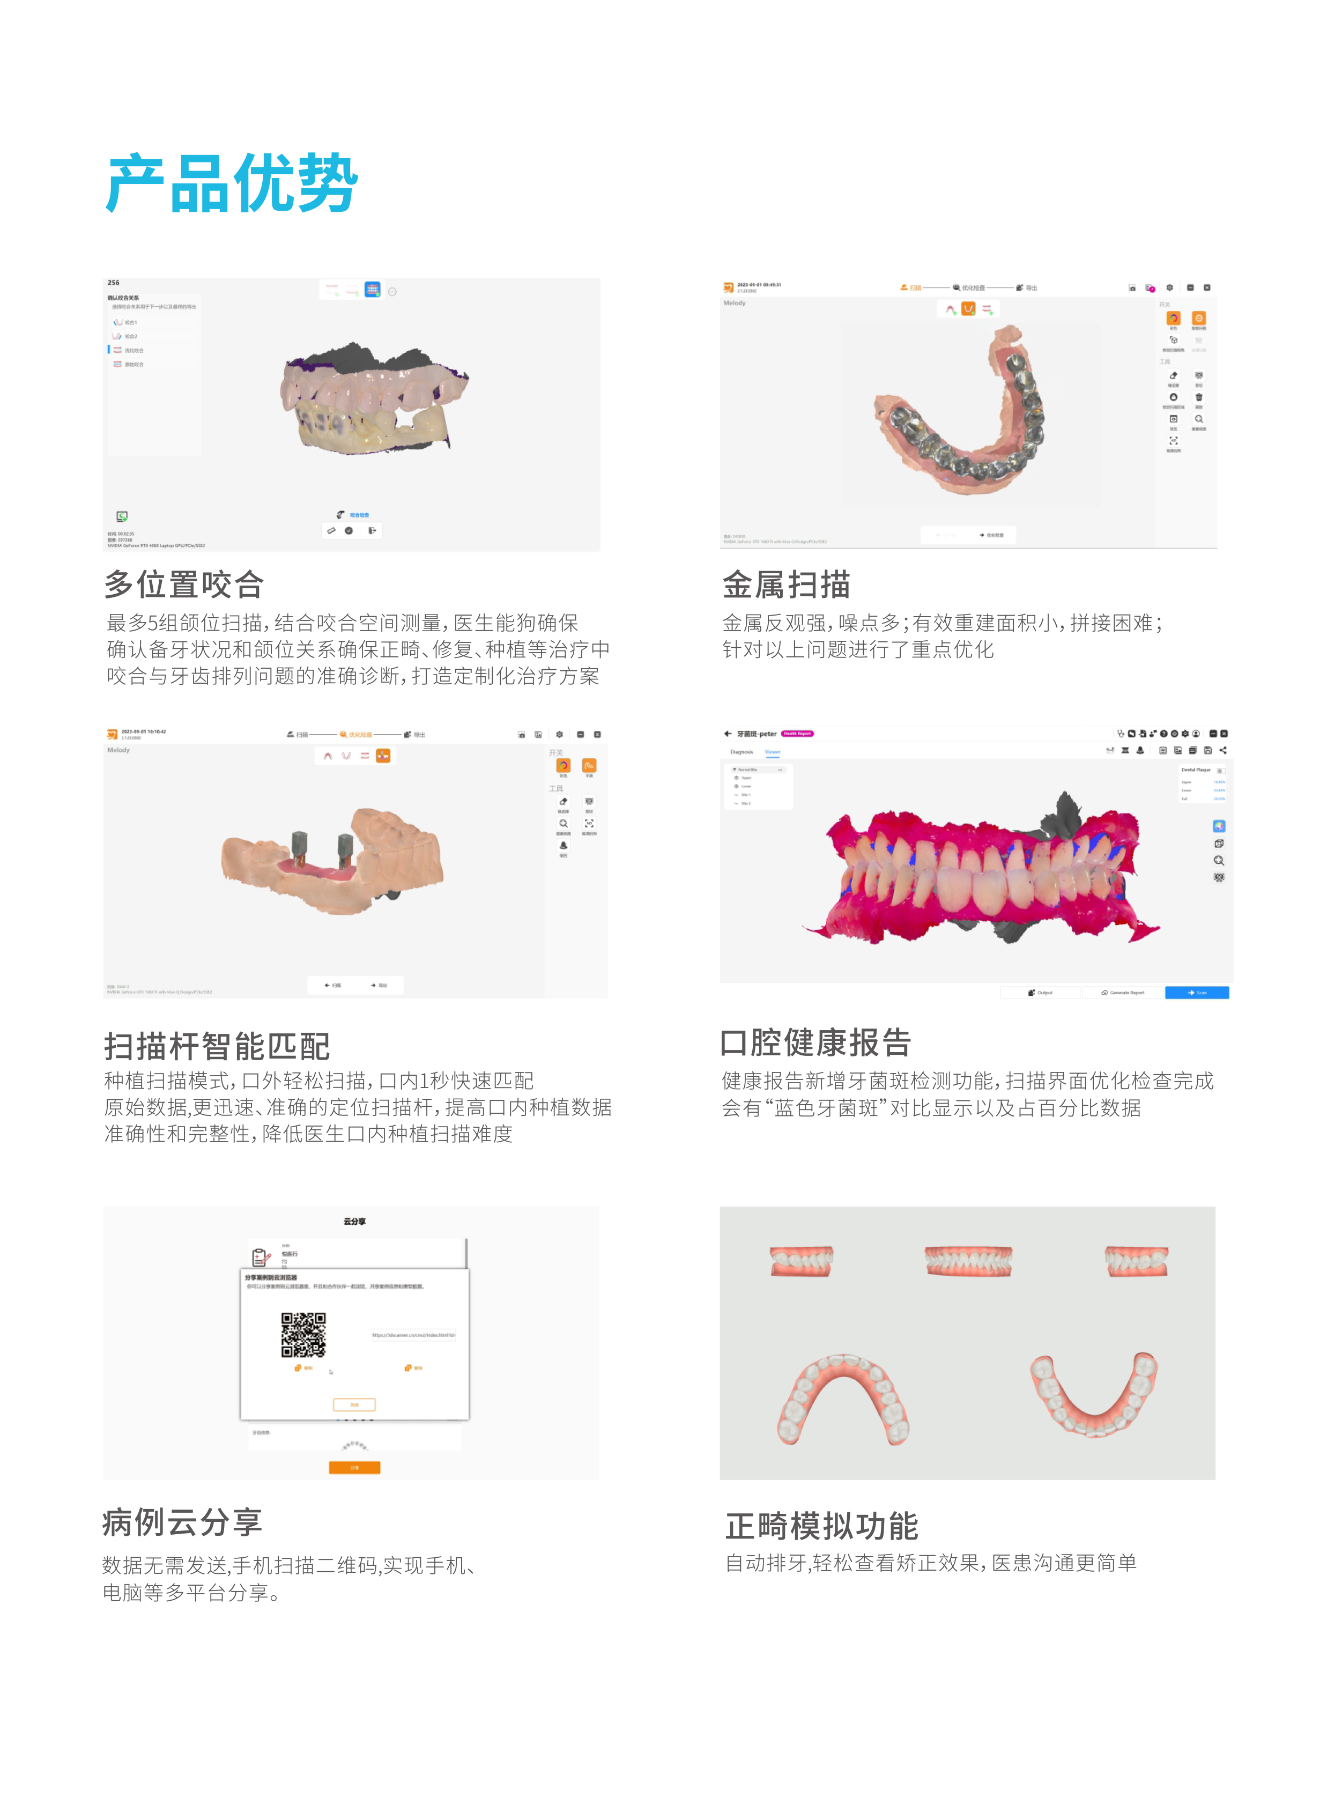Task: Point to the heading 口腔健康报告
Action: point(816,1042)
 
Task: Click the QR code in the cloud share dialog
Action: point(303,1334)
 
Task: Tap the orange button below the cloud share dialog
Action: point(354,1467)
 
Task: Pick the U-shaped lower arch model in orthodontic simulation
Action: point(1094,1395)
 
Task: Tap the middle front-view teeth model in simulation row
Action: point(967,1260)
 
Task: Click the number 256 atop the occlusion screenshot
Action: point(113,283)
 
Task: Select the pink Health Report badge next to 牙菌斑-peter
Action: point(797,734)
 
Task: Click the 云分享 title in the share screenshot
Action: point(354,1221)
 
